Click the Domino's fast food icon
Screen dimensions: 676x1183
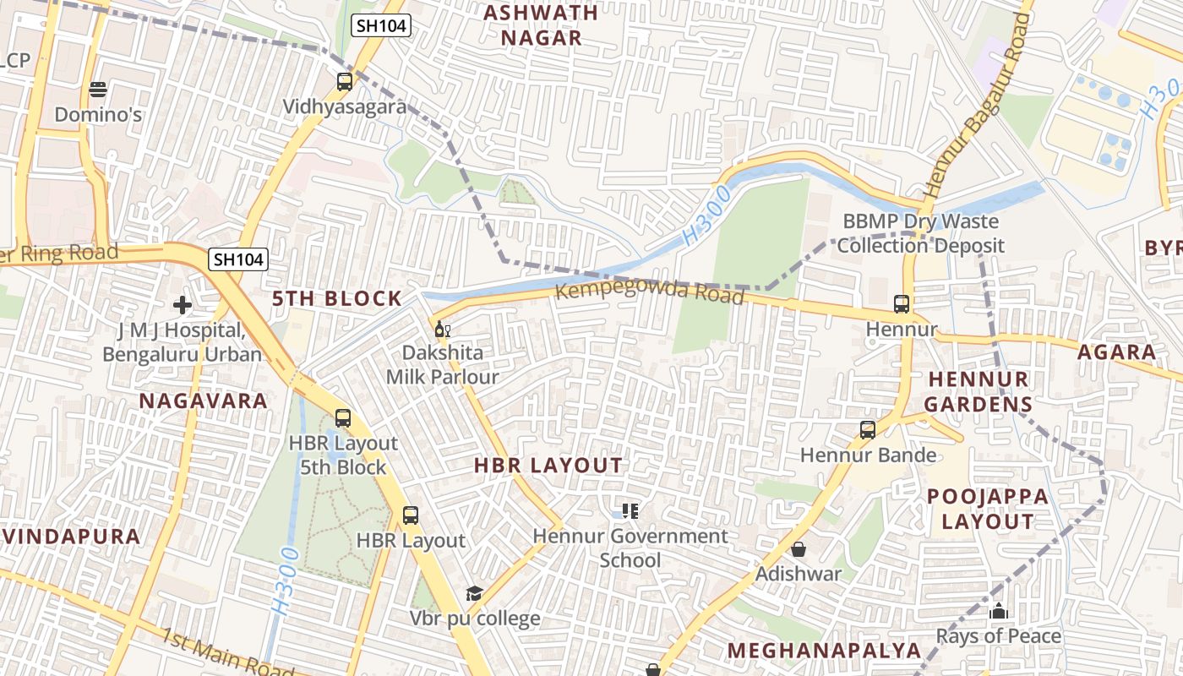(98, 89)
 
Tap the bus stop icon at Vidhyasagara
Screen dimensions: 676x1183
(344, 82)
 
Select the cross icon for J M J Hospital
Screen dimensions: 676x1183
(183, 305)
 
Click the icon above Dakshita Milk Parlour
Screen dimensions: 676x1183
(442, 329)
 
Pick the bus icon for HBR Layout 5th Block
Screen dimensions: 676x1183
(342, 418)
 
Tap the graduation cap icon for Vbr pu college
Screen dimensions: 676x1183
(474, 594)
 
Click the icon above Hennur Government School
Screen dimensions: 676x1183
(630, 510)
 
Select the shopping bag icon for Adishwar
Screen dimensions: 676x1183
(799, 550)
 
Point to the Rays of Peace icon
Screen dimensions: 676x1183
(999, 611)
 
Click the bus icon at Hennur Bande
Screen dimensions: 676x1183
(868, 430)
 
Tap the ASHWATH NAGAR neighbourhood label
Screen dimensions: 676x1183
(541, 25)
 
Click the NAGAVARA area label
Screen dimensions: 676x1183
(203, 401)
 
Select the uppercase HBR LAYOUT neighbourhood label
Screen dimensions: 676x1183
(548, 466)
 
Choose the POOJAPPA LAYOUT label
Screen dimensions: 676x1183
(988, 509)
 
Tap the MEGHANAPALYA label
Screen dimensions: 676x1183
(824, 650)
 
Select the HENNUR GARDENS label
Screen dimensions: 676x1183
(978, 391)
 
